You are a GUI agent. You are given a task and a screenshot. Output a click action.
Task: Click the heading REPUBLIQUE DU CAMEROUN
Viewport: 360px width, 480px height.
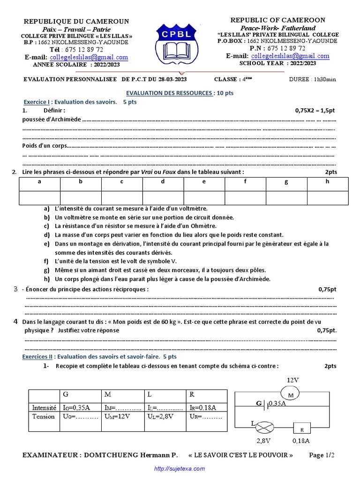point(76,22)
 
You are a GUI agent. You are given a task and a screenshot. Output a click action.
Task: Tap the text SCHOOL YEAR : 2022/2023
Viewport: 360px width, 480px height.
point(277,63)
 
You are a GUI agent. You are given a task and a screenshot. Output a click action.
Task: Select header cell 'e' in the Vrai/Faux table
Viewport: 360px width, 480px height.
point(204,181)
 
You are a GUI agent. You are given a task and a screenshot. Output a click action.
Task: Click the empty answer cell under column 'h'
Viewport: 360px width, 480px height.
point(327,198)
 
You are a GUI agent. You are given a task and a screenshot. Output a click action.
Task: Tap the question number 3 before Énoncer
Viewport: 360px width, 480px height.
point(15,289)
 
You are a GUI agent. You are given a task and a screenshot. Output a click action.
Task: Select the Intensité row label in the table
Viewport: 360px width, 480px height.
point(44,407)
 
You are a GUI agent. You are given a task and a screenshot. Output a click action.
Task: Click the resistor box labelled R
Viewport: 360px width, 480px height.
point(302,428)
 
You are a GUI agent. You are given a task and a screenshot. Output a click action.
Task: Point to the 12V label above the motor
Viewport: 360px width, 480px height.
point(293,379)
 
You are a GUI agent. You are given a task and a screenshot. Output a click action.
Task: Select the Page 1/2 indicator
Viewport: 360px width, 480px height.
point(322,455)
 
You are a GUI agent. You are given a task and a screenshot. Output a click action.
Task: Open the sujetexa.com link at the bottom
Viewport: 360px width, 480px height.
point(180,469)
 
